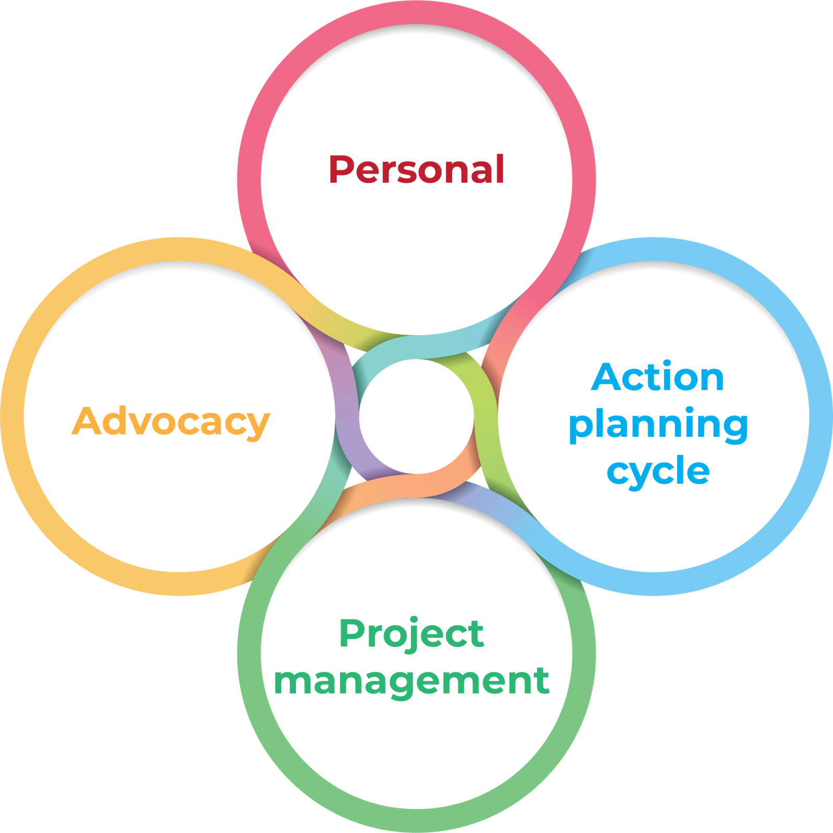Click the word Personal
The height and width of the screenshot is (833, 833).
point(416,170)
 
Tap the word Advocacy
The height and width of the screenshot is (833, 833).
point(170,421)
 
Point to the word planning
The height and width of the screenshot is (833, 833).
point(658,426)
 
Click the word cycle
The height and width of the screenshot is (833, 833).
point(658,472)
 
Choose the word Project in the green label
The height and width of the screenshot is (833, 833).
point(412,634)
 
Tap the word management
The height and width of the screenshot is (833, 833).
point(412,680)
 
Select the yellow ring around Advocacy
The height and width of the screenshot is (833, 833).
point(13,416)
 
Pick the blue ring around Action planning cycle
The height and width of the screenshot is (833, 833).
point(820,416)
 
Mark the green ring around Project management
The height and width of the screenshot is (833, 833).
point(417,819)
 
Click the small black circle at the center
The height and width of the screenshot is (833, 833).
point(416,416)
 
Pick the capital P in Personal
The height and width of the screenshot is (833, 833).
point(341,170)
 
